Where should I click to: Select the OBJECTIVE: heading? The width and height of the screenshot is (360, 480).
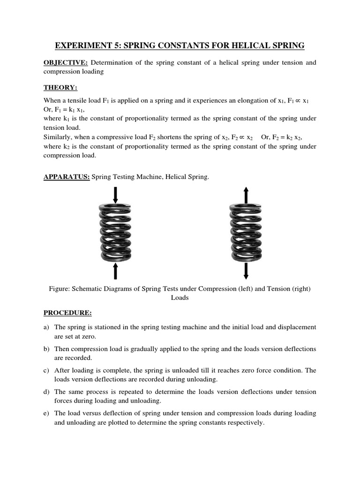(x=66, y=63)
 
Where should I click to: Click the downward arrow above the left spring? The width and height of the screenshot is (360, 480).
(x=115, y=195)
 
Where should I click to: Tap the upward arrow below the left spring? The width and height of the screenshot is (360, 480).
(x=115, y=271)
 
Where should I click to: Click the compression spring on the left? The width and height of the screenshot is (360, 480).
(x=115, y=232)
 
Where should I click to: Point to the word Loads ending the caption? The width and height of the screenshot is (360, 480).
(x=180, y=298)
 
